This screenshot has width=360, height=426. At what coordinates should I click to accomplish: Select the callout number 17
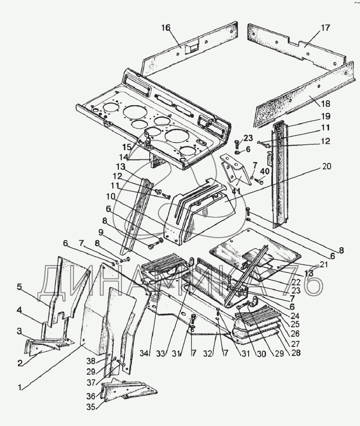tap(325, 28)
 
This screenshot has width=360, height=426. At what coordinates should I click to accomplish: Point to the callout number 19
tap(325, 116)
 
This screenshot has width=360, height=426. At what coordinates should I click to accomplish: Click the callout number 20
tap(326, 166)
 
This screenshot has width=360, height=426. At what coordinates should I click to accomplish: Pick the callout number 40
tap(265, 171)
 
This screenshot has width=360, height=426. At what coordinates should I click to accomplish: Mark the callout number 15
tap(127, 147)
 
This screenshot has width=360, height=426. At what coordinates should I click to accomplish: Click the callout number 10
tap(111, 196)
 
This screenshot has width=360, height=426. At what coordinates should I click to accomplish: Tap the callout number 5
tap(19, 287)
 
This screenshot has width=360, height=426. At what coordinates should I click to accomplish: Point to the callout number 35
tap(91, 407)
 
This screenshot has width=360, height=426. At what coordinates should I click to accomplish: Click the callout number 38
tap(91, 361)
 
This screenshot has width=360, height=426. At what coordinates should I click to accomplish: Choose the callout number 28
tap(296, 353)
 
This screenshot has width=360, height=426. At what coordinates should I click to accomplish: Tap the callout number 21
tap(324, 264)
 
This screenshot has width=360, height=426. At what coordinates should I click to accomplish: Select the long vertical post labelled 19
tap(279, 174)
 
